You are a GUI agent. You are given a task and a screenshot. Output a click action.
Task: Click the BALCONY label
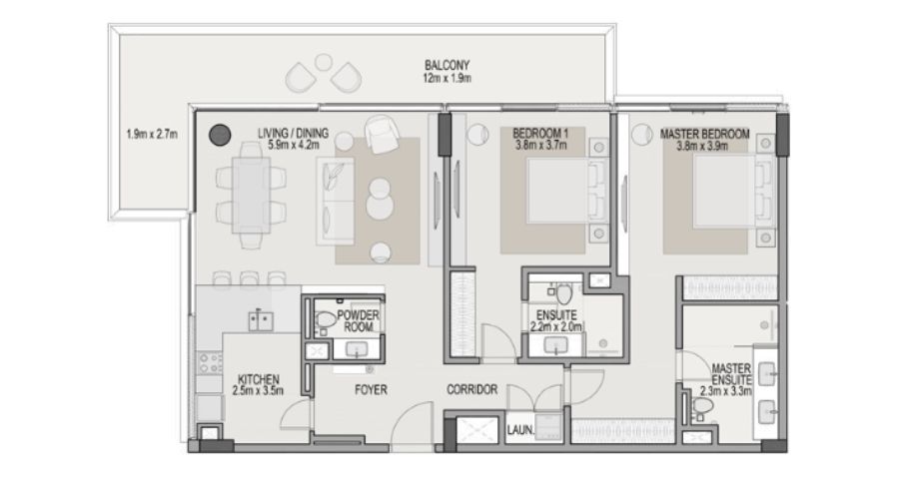447,65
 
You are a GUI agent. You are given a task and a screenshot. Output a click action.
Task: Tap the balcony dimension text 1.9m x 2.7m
152,135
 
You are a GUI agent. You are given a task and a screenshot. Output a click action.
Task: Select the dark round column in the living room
220,135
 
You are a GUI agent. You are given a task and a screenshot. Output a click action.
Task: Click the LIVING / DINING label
293,134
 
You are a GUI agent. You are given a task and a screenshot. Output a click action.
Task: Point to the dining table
251,195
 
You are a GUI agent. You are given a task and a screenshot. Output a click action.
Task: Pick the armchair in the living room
382,134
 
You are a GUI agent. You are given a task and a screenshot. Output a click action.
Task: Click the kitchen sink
261,319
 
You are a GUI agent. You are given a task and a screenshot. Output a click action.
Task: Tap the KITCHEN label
259,379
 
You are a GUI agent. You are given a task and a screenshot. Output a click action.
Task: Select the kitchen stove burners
210,362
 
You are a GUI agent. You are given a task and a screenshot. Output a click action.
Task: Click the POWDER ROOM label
358,320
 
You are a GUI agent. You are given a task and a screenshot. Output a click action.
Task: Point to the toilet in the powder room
325,320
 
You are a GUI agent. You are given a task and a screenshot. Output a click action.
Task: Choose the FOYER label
371,390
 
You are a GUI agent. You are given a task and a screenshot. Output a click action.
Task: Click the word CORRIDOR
471,389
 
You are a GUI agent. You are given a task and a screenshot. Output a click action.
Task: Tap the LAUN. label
520,430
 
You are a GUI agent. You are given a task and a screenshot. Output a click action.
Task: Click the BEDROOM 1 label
540,134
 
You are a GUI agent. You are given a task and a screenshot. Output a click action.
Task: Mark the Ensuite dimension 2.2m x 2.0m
556,327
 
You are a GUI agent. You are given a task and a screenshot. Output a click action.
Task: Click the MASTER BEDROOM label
704,134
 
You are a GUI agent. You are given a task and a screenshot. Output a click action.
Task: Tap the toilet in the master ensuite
702,407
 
